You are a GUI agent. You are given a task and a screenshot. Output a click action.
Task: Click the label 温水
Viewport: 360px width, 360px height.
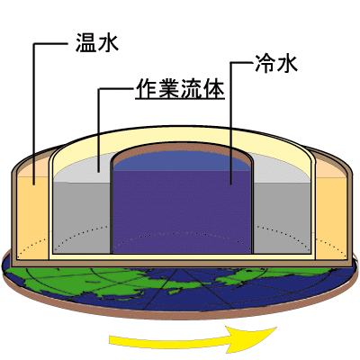point(97,42)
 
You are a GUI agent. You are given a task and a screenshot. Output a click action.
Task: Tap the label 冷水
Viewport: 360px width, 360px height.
point(276,64)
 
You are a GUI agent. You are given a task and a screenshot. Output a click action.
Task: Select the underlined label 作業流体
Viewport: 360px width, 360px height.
point(180,89)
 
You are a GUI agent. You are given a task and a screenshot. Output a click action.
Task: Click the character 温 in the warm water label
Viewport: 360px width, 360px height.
point(85,42)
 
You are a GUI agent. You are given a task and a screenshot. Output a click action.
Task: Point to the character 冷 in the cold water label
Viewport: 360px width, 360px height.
point(265,64)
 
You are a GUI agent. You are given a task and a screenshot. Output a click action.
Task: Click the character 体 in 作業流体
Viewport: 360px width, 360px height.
point(214,88)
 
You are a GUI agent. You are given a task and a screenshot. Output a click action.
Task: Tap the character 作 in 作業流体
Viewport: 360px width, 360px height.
point(146,88)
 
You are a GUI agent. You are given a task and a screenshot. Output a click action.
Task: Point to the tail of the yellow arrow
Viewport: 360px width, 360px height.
point(111,341)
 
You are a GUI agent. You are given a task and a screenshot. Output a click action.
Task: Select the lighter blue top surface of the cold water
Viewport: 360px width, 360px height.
point(182,161)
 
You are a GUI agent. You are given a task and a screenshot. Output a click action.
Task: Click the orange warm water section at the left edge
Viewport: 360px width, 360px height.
point(32,216)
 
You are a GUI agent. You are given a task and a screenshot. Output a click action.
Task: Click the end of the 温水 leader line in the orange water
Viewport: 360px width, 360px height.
point(33,184)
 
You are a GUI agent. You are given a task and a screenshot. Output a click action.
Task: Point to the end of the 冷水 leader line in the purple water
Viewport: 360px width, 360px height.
point(231,184)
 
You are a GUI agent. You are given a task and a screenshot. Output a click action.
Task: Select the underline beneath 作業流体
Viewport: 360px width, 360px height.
point(180,99)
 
